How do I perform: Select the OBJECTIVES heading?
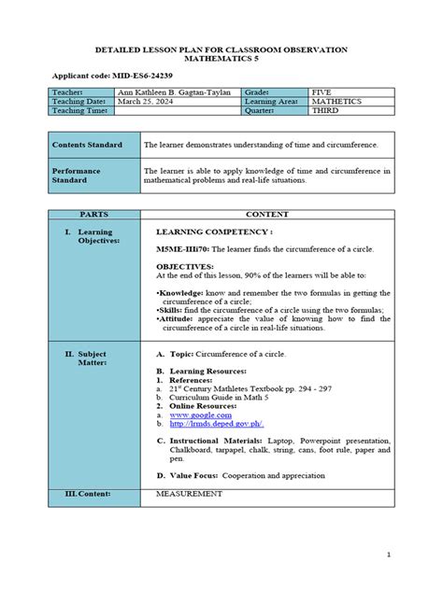[185, 266]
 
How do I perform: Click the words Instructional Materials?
[207, 439]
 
